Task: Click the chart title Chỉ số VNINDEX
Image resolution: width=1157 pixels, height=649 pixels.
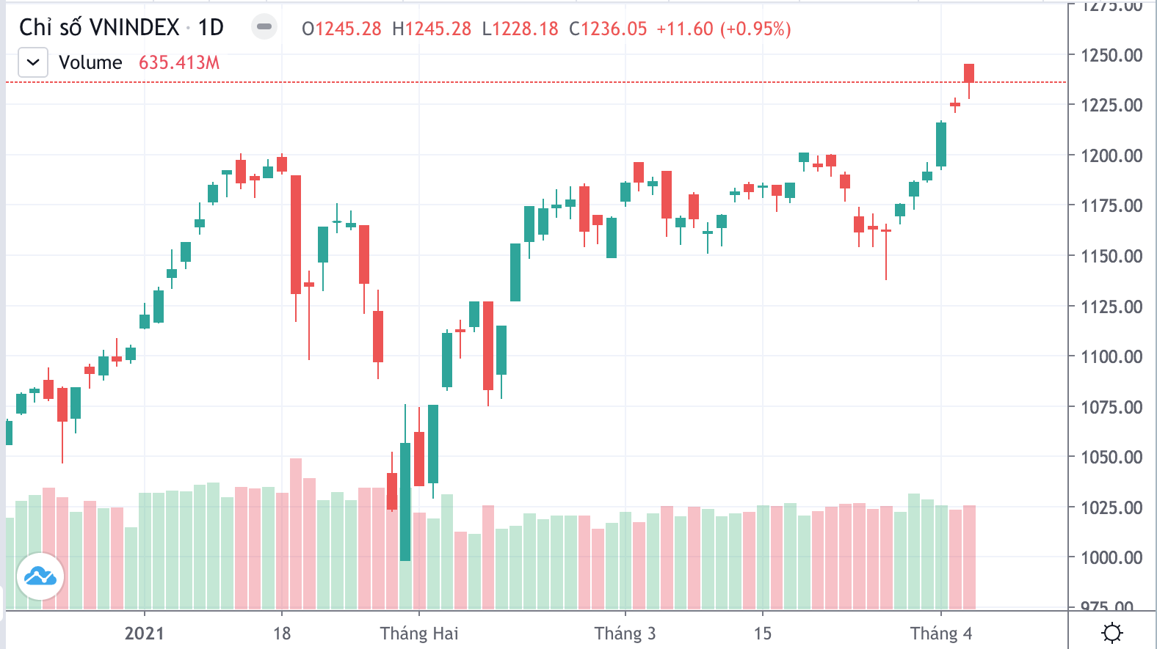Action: pos(99,28)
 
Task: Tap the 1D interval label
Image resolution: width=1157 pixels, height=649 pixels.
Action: pos(211,28)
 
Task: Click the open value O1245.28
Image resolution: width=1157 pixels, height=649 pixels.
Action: pos(341,29)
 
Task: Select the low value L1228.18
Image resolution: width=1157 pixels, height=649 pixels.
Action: pos(520,29)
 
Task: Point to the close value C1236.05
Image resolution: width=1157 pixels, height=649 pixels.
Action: pos(608,29)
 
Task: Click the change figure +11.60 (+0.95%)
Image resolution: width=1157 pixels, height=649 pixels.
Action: pos(723,29)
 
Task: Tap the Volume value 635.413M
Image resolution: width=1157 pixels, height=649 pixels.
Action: pos(179,63)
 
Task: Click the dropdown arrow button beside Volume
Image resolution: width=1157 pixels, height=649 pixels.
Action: pos(33,62)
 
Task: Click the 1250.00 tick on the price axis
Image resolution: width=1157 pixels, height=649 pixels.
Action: pos(1111,55)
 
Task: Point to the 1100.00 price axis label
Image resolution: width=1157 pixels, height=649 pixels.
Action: pos(1111,357)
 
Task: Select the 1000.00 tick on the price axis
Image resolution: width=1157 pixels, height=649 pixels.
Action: pos(1111,558)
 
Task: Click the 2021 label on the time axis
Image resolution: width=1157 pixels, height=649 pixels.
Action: pos(144,634)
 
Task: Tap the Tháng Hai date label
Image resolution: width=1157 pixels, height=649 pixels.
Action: pos(419,634)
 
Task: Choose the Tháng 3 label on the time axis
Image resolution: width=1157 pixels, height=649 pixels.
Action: pos(625,634)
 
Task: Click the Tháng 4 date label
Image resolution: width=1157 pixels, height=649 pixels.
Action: pos(941,634)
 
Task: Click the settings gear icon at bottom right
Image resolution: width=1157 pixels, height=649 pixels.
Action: pos(1112,632)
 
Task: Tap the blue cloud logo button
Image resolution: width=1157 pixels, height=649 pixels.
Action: pos(40,576)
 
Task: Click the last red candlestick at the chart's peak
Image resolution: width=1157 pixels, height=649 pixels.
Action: pos(969,73)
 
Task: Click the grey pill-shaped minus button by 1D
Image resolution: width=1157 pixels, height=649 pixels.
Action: pos(264,27)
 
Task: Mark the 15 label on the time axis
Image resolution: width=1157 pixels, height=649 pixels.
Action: pos(763,634)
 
